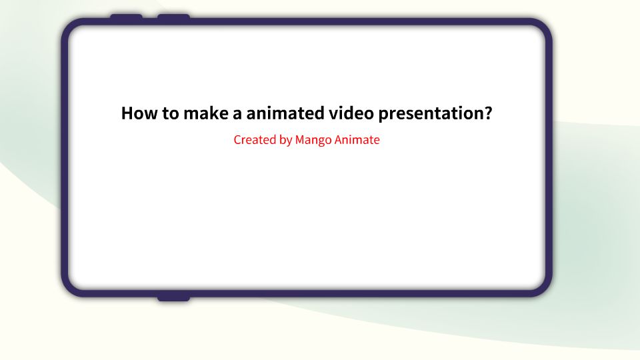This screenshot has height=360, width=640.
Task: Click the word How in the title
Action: click(138, 113)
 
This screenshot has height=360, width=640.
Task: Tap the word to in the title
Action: click(169, 113)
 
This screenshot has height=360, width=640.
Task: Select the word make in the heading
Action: click(205, 113)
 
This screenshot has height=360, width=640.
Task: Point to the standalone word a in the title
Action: click(237, 114)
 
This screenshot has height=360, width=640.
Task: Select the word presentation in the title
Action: click(430, 114)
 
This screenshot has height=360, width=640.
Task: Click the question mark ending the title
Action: click(487, 113)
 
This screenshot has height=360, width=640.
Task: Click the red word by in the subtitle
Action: click(285, 141)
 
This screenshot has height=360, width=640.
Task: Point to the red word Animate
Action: click(357, 140)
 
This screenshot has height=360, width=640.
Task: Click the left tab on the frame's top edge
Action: click(126, 17)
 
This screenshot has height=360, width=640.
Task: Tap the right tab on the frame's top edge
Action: click(173, 17)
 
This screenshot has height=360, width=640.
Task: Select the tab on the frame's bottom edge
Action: click(173, 297)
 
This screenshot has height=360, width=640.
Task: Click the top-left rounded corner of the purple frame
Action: click(71, 28)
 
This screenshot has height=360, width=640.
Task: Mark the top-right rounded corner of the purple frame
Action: click(543, 28)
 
